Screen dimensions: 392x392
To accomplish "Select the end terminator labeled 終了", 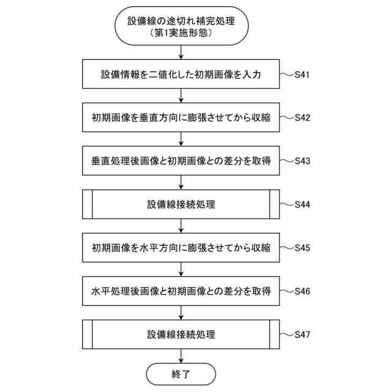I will click(x=181, y=373).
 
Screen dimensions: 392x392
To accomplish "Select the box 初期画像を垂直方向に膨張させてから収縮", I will click(x=181, y=118).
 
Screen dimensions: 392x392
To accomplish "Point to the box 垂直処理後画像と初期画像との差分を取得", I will click(x=181, y=161).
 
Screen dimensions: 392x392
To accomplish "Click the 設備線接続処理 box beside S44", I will click(x=181, y=205).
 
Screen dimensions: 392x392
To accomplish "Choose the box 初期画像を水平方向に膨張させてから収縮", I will click(x=181, y=248).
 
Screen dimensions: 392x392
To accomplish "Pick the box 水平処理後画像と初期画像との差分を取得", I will click(x=181, y=292).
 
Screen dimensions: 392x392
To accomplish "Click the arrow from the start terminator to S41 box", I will click(x=181, y=53).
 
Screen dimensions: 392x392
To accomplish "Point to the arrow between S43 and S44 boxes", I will click(x=181, y=183).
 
